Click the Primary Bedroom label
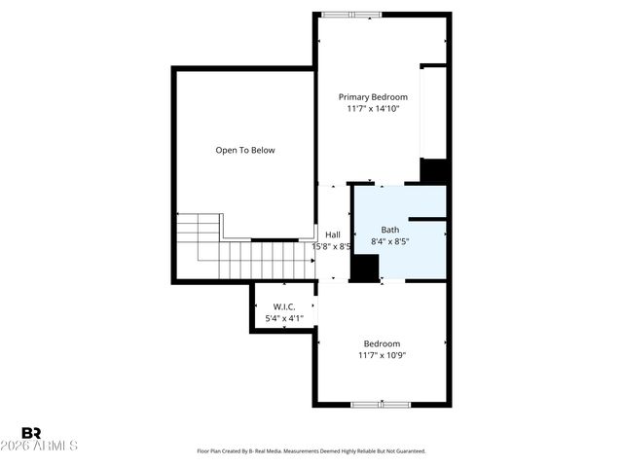pyautogui.click(x=373, y=97)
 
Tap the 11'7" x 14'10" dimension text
pyautogui.click(x=373, y=109)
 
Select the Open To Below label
pyautogui.click(x=245, y=150)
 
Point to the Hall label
pyautogui.click(x=333, y=234)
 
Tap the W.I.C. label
pyautogui.click(x=284, y=306)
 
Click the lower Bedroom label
pyautogui.click(x=382, y=343)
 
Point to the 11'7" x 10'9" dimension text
pyautogui.click(x=382, y=355)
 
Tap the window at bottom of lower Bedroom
pyautogui.click(x=380, y=404)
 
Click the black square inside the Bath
pyautogui.click(x=365, y=269)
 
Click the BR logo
pyautogui.click(x=31, y=433)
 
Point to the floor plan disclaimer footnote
pyautogui.click(x=311, y=451)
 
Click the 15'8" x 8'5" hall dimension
pyautogui.click(x=331, y=246)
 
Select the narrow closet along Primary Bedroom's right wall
pyautogui.click(x=433, y=112)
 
